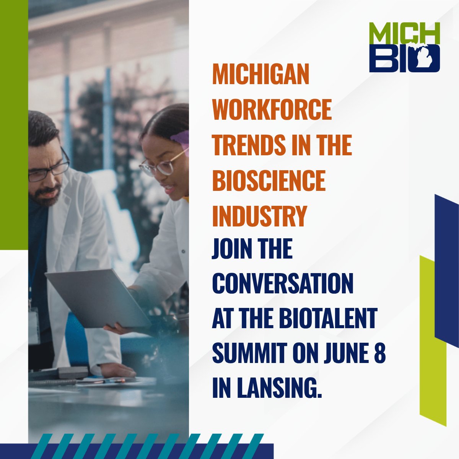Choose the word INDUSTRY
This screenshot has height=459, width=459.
point(260,217)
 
